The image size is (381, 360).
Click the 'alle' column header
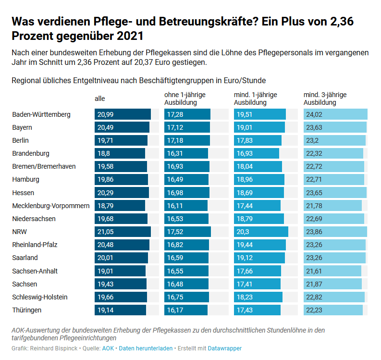[100, 99]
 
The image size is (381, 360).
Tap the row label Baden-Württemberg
[41, 114]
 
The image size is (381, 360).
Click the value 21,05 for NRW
[105, 232]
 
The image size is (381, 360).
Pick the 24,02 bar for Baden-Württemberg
[335, 114]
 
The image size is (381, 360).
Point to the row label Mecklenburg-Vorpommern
[51, 206]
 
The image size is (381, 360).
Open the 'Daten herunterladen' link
[146, 348]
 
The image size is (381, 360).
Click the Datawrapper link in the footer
[225, 348]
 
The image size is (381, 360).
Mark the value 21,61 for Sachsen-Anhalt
[314, 271]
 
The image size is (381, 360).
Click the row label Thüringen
[27, 310]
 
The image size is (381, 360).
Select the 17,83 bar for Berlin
[258, 140]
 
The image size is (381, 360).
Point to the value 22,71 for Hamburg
[314, 179]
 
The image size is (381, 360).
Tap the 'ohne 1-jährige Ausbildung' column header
[181, 99]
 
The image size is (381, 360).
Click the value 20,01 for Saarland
[105, 258]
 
